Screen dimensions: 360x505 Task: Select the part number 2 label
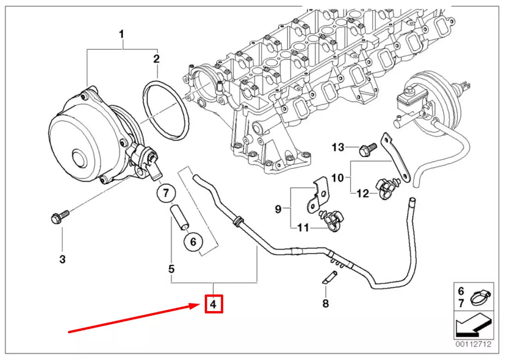(x=156, y=59)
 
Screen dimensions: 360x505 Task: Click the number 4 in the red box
(x=213, y=304)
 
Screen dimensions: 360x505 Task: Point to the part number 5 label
(x=171, y=268)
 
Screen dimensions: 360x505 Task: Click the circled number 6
(x=193, y=241)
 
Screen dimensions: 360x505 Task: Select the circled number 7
(x=166, y=193)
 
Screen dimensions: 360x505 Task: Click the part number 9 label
(x=278, y=209)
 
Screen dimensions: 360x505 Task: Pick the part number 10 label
(x=338, y=177)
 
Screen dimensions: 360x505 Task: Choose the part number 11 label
(x=303, y=228)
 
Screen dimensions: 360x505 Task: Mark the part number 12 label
(x=363, y=193)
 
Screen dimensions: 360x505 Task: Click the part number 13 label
(x=338, y=147)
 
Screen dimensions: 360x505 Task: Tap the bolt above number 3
(x=59, y=216)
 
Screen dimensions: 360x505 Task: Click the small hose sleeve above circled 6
(x=179, y=216)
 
